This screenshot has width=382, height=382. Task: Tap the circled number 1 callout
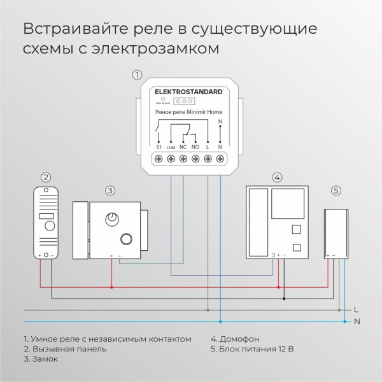pyautogui.click(x=136, y=74)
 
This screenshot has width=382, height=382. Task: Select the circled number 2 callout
pyautogui.click(x=46, y=178)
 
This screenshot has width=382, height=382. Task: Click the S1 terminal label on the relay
pyautogui.click(x=159, y=146)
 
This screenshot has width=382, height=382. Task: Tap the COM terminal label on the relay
pyautogui.click(x=171, y=147)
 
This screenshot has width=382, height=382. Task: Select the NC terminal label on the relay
pyautogui.click(x=183, y=146)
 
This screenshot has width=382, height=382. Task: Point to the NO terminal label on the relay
pyautogui.click(x=195, y=146)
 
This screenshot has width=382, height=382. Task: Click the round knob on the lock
pyautogui.click(x=113, y=218)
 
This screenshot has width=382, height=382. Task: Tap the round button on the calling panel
pyautogui.click(x=49, y=227)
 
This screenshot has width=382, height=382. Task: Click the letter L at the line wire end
pyautogui.click(x=356, y=309)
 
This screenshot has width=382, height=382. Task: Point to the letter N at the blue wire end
pyautogui.click(x=357, y=322)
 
